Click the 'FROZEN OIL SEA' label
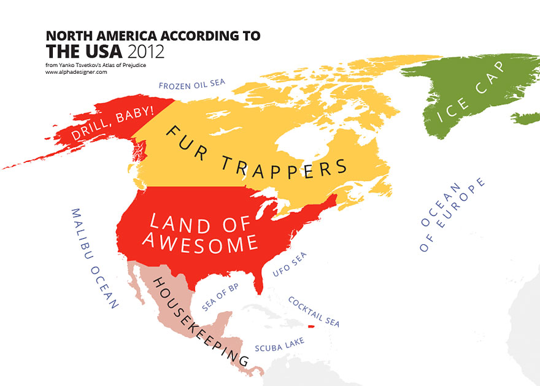(x=192, y=85)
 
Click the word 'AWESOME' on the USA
(x=199, y=243)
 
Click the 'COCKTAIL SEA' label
(x=313, y=312)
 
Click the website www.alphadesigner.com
(x=76, y=72)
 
